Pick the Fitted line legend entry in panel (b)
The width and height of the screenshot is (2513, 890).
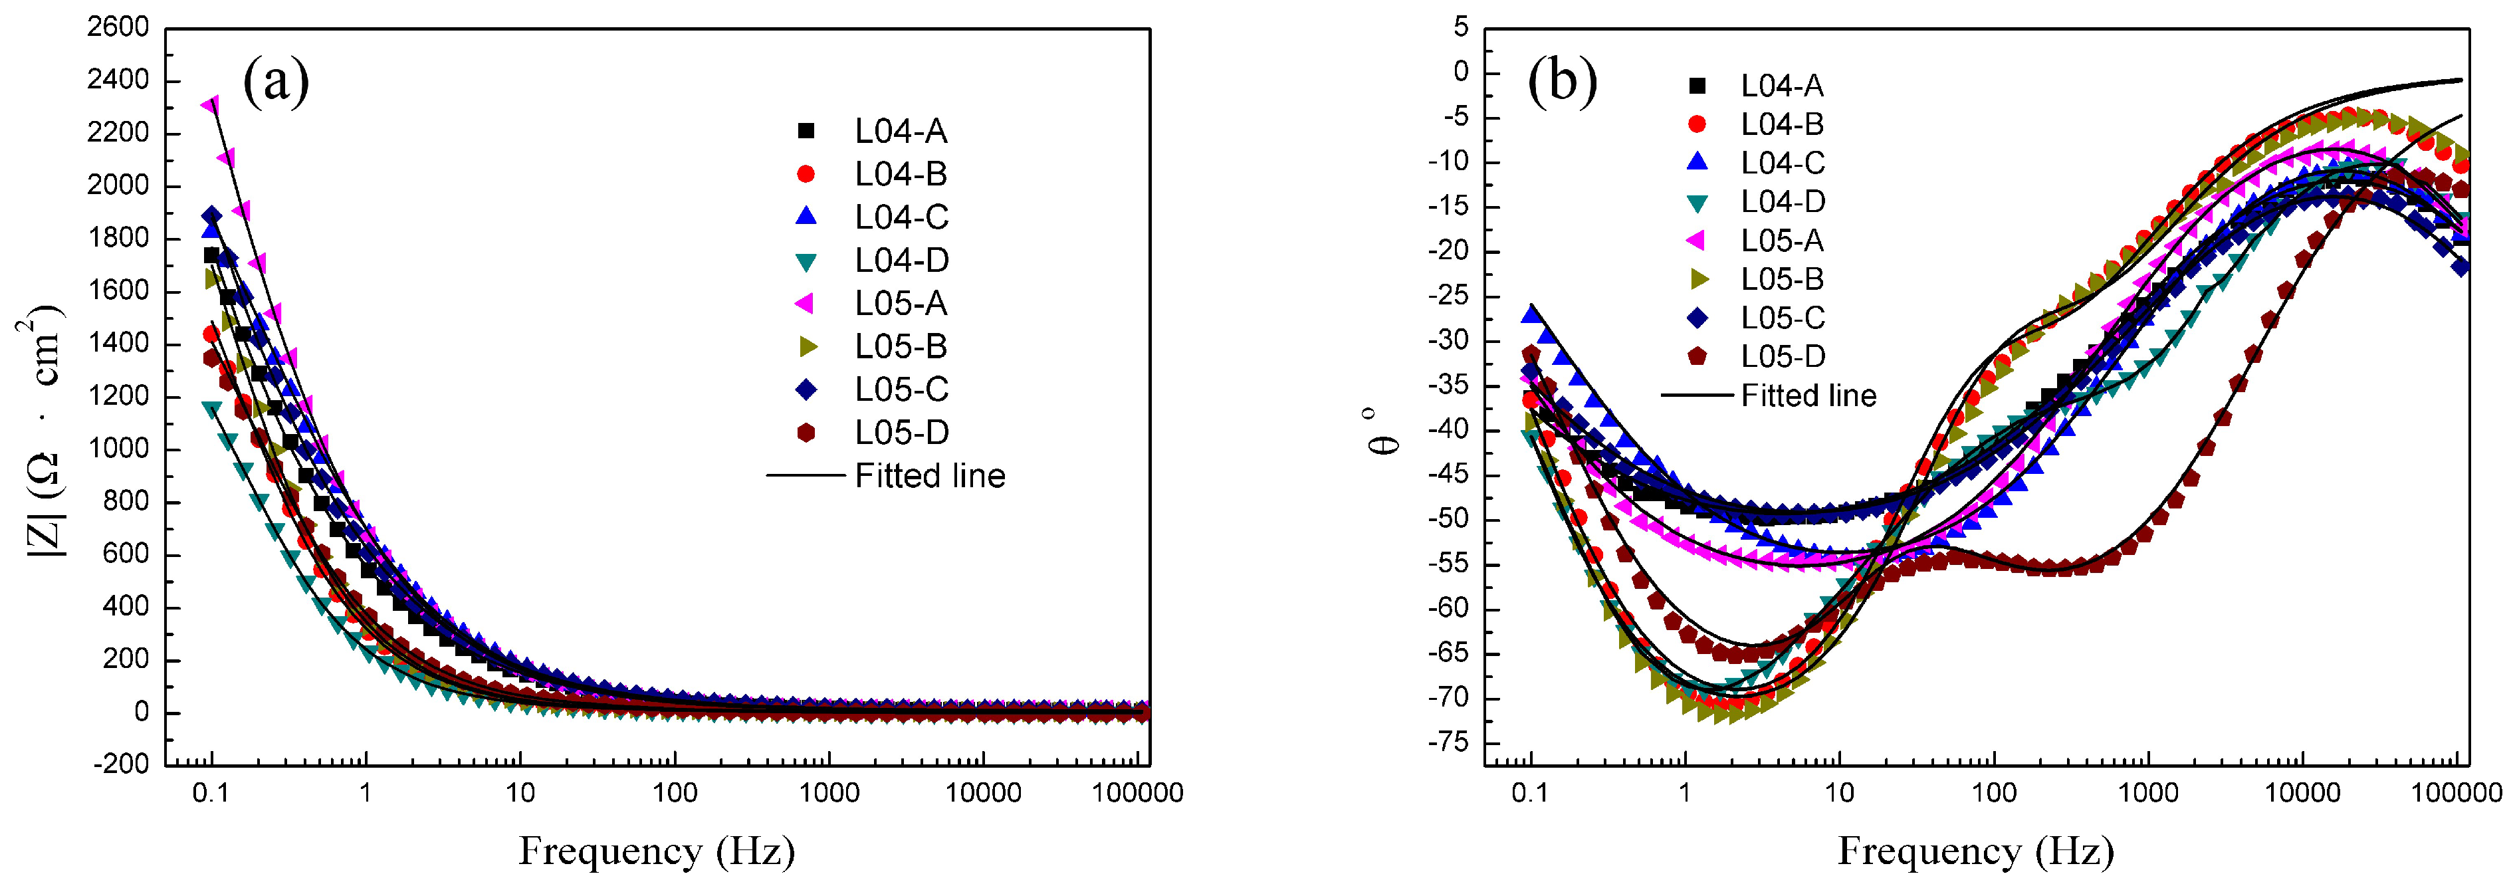tap(1808, 395)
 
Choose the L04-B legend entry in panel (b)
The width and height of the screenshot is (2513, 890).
tap(1781, 124)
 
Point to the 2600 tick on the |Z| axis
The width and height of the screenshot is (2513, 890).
tap(118, 27)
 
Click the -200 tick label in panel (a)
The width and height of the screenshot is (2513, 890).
tap(121, 764)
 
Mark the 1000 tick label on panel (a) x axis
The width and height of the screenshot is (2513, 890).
tap(829, 792)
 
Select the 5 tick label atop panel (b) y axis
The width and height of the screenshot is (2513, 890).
tap(1460, 27)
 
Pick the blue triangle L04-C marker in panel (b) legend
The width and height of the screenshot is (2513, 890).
tap(1697, 162)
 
